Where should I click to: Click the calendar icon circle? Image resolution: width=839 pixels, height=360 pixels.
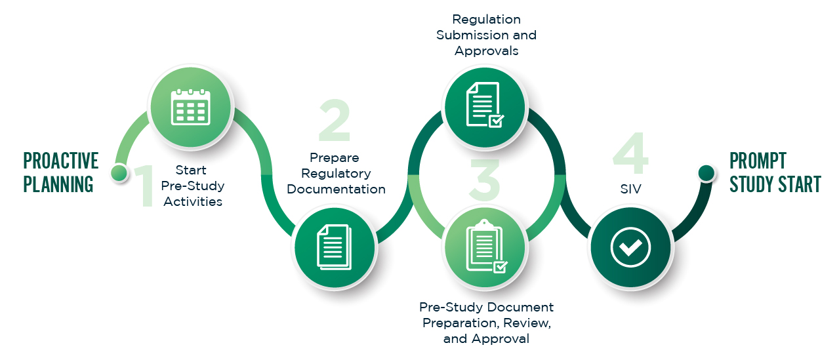[x=190, y=108]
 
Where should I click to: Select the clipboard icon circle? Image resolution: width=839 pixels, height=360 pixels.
[x=485, y=247]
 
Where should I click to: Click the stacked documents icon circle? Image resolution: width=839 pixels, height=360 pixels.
[x=335, y=247]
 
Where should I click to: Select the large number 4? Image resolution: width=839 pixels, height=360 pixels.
[x=631, y=155]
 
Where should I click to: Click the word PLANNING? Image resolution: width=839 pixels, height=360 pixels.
[x=58, y=184]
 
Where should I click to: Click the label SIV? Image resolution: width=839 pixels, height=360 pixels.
[x=630, y=189]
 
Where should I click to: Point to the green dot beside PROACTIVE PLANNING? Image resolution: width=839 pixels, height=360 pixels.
[x=119, y=172]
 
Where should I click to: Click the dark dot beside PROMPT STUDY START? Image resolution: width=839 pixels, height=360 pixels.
[x=706, y=172]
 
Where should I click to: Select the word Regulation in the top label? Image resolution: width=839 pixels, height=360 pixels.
[x=486, y=19]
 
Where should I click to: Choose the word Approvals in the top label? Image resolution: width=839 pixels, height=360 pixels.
[x=486, y=51]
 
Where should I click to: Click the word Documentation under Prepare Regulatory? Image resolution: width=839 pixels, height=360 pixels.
[x=336, y=190]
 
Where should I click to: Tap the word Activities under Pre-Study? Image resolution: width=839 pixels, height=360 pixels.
[x=193, y=202]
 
